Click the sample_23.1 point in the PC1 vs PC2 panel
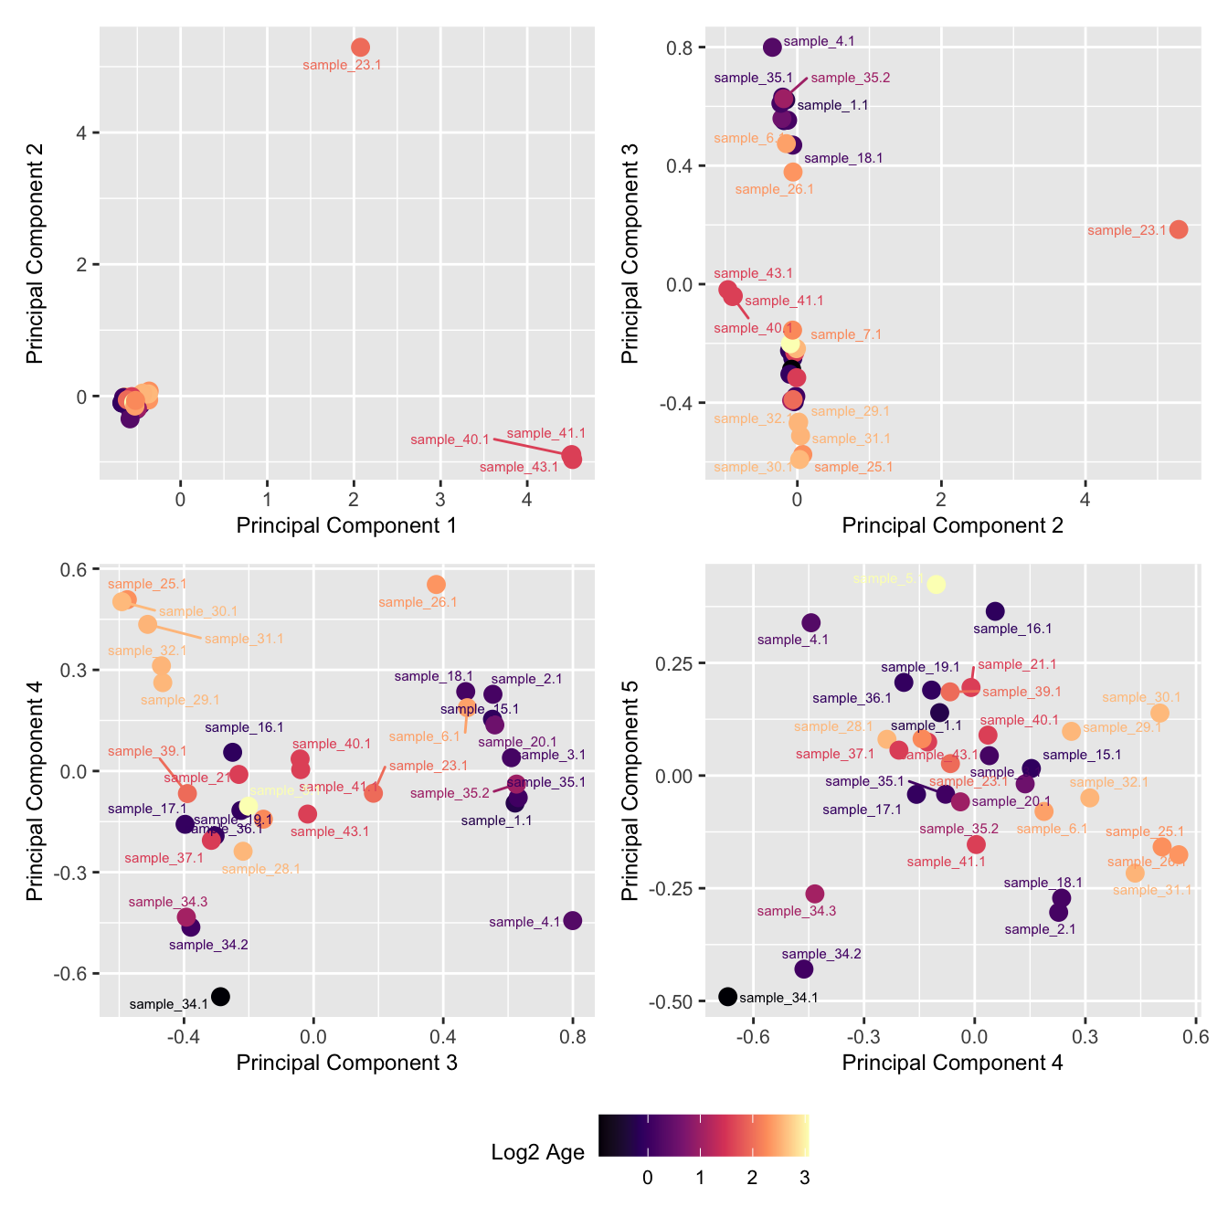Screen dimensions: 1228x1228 tap(360, 47)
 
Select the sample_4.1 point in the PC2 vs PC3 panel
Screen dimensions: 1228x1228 tap(772, 48)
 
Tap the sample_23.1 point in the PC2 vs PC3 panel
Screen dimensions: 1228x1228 tap(1179, 229)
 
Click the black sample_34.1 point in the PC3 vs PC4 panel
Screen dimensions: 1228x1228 tap(220, 996)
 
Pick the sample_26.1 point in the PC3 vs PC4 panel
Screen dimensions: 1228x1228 tap(436, 584)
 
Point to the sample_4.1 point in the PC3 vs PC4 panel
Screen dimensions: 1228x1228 tap(573, 920)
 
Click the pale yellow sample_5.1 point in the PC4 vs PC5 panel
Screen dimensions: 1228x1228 tap(936, 585)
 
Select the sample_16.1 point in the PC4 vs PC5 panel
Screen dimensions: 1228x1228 tap(995, 611)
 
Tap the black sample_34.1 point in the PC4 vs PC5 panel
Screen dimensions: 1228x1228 tap(727, 996)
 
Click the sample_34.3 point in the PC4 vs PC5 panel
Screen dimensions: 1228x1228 tap(815, 894)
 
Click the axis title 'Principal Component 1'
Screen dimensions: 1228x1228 tap(346, 525)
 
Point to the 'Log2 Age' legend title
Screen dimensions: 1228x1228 tap(537, 1152)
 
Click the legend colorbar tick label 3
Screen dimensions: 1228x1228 tap(804, 1178)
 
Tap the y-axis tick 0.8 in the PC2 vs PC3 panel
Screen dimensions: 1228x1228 tap(682, 48)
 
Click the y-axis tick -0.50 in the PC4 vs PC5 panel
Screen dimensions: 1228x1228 tap(673, 1002)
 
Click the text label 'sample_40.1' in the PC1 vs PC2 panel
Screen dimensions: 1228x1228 tap(450, 439)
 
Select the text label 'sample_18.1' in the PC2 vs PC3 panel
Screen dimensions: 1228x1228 tap(843, 158)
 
